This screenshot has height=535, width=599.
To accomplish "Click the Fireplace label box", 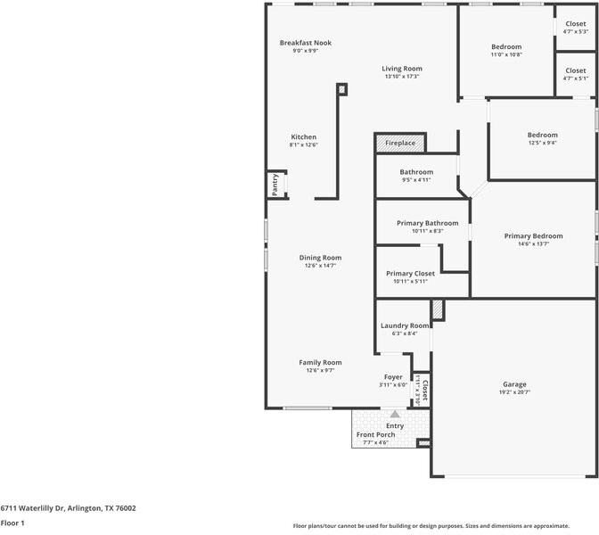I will (400, 143).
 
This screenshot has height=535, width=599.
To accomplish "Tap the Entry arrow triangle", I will (395, 414).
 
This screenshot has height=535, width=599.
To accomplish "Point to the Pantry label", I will (275, 185).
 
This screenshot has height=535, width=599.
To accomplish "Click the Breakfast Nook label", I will (305, 43).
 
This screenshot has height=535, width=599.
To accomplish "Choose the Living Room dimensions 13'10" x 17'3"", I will (402, 77).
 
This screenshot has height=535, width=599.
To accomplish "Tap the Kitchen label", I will (303, 136).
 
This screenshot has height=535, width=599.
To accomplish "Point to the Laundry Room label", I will (405, 325).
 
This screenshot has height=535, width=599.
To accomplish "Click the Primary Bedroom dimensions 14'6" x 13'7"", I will (533, 244).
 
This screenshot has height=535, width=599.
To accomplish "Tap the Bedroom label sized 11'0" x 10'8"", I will (506, 46).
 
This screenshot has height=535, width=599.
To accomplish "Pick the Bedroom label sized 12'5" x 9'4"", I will (542, 135).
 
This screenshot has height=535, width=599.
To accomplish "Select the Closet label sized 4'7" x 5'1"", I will (575, 70).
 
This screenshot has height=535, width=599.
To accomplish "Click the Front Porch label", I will (375, 434).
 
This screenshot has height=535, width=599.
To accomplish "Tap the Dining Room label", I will (320, 257).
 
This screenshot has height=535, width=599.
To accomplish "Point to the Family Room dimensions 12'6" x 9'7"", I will (320, 371).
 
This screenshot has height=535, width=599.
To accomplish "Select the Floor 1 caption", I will (12, 523).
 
